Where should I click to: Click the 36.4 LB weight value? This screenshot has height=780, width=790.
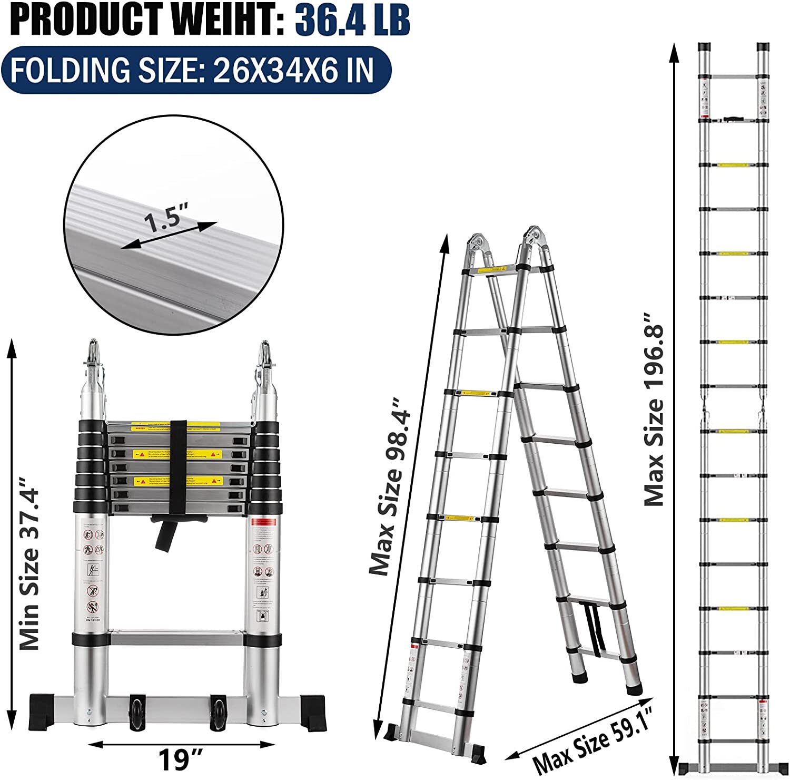(352, 19)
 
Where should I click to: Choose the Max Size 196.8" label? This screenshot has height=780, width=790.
(655, 409)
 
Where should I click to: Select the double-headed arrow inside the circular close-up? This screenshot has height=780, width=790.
(169, 235)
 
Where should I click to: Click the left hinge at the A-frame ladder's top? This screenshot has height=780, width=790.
(477, 245)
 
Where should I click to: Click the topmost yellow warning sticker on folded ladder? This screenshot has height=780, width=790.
(176, 426)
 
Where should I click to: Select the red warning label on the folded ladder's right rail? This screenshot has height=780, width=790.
(265, 522)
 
